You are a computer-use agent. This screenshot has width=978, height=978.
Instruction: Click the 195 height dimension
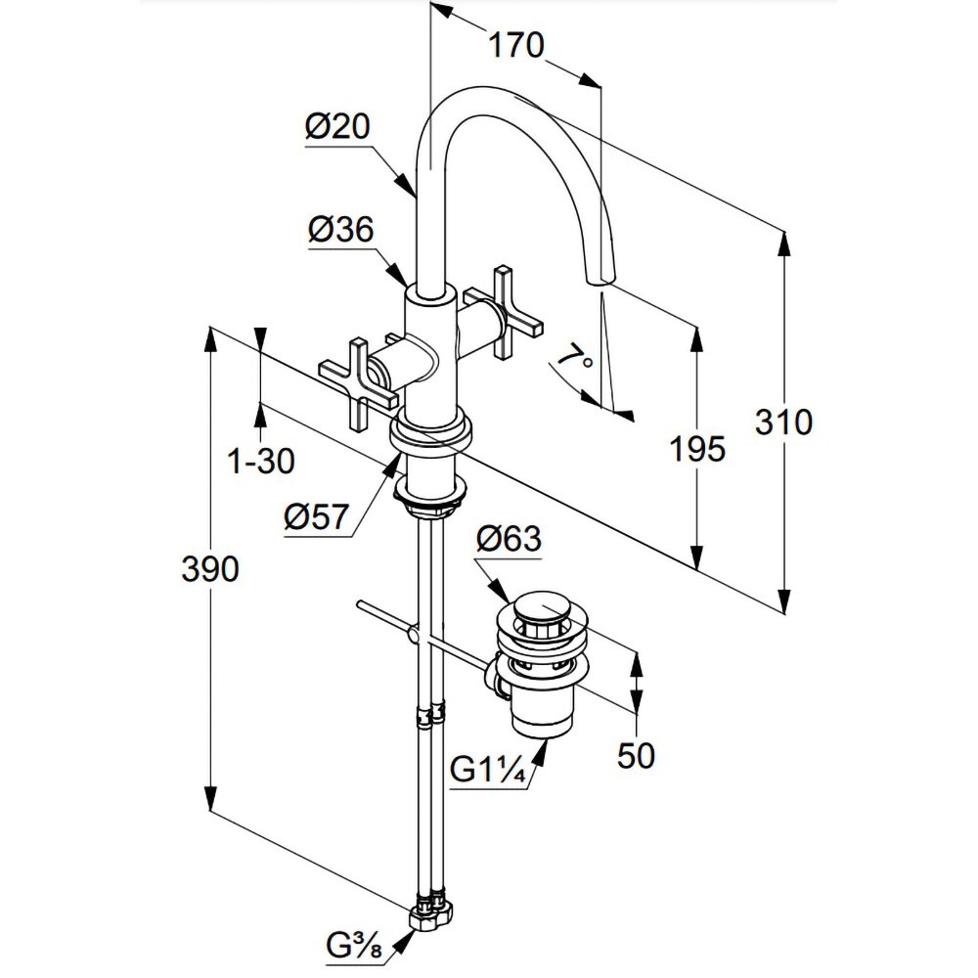pos(697,450)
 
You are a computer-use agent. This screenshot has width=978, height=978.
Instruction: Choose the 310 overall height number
pos(783,422)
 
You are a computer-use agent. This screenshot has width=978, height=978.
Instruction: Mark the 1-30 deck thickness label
pos(261,461)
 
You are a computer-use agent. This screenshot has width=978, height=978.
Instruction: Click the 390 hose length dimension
pos(210,568)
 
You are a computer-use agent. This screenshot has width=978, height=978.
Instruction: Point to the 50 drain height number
pos(636,754)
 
